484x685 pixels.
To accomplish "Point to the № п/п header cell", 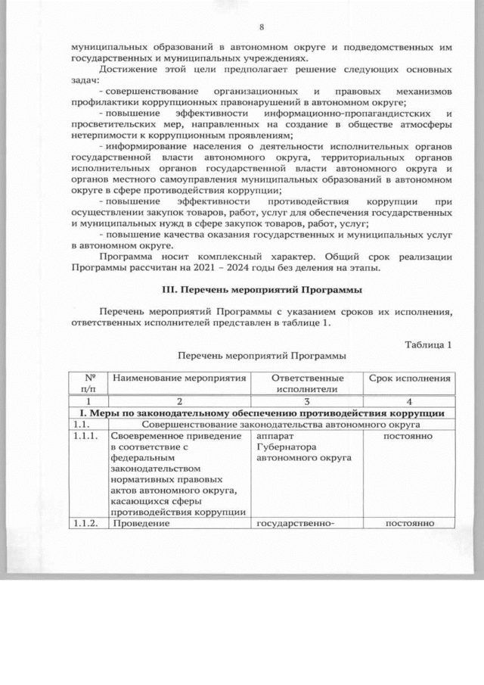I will tap(88, 383).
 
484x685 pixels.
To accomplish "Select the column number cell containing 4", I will tap(409, 400).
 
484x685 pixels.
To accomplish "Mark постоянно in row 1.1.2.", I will tap(409, 523).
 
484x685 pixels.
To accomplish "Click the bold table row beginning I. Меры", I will tap(262, 413).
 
